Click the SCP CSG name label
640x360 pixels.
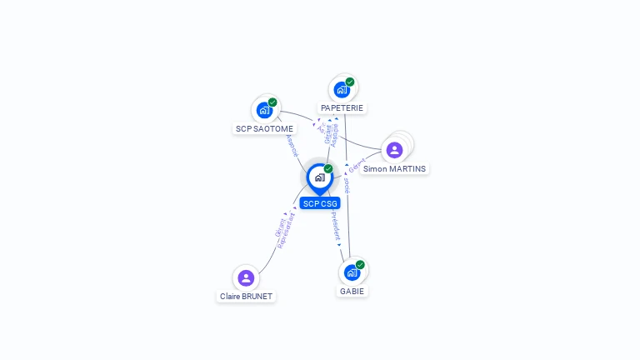pyautogui.click(x=320, y=203)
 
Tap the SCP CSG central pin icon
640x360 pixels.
pyautogui.click(x=320, y=177)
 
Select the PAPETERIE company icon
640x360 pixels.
pyautogui.click(x=342, y=89)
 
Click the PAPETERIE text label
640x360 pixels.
pyautogui.click(x=342, y=108)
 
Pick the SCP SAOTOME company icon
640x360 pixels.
pyautogui.click(x=264, y=109)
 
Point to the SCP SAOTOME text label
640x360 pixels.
pyautogui.click(x=264, y=128)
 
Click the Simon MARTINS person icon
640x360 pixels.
pyautogui.click(x=394, y=150)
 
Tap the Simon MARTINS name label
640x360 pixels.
pyautogui.click(x=395, y=169)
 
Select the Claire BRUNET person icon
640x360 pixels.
pyautogui.click(x=246, y=277)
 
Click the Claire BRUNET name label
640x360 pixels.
pyautogui.click(x=246, y=296)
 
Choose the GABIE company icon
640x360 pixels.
pyautogui.click(x=352, y=272)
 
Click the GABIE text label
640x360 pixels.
pyautogui.click(x=352, y=292)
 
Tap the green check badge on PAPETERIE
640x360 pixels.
pyautogui.click(x=350, y=82)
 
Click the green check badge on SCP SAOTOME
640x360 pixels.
pyautogui.click(x=272, y=102)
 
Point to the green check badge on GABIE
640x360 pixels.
pyautogui.click(x=360, y=265)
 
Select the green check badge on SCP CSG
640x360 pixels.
pyautogui.click(x=328, y=169)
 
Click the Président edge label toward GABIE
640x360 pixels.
pyautogui.click(x=336, y=226)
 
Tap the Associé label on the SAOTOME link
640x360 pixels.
pyautogui.click(x=292, y=146)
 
